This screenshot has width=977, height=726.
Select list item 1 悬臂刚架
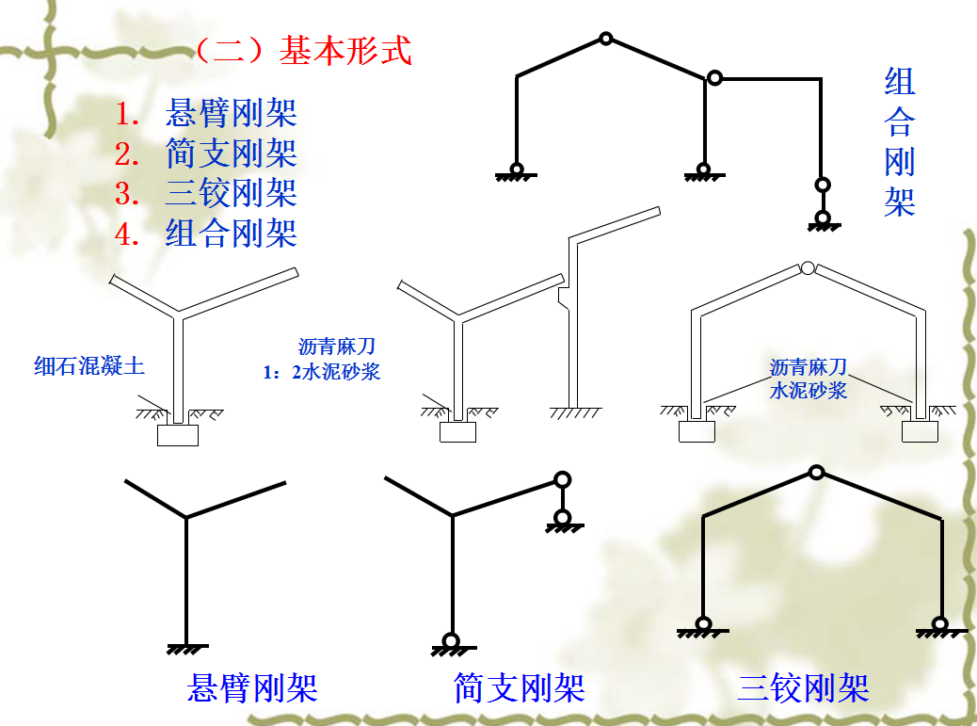click(x=231, y=112)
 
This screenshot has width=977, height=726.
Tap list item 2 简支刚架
click(x=231, y=153)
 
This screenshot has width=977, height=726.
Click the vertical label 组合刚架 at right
click(x=900, y=141)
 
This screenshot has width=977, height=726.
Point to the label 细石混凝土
click(x=89, y=366)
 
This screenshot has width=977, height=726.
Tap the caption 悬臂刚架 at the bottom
click(x=252, y=688)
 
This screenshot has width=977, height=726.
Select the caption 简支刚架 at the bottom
click(x=520, y=688)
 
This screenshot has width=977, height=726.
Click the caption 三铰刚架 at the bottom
click(x=803, y=688)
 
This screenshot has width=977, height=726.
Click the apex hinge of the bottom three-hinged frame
click(x=817, y=472)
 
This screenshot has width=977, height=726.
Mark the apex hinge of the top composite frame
click(x=606, y=39)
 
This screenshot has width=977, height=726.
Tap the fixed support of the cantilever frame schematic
click(x=187, y=647)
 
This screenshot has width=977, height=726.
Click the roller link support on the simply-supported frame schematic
click(x=562, y=499)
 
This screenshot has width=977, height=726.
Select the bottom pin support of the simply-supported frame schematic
click(x=452, y=643)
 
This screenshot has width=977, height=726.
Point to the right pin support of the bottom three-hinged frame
click(x=938, y=624)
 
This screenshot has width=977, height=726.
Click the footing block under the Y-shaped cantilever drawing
click(x=178, y=435)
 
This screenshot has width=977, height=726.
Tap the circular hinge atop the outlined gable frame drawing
click(x=808, y=268)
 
